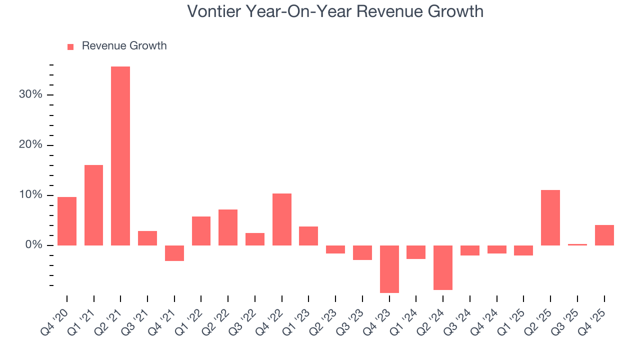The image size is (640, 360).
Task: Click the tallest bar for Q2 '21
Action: (x=120, y=155)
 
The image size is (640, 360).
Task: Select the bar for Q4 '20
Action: (x=67, y=221)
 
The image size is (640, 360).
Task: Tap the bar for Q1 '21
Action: (x=93, y=205)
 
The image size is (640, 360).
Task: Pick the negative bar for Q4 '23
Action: (x=389, y=269)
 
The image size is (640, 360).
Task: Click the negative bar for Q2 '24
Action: (x=443, y=267)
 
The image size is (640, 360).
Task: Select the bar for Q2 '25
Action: (x=550, y=217)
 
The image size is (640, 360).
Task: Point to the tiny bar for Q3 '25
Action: (x=577, y=244)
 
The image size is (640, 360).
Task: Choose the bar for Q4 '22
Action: (x=281, y=219)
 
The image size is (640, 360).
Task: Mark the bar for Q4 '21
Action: (x=174, y=253)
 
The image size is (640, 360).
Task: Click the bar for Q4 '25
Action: (x=604, y=235)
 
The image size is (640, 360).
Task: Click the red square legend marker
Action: (x=70, y=46)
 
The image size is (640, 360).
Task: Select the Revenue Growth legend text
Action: (x=124, y=46)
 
